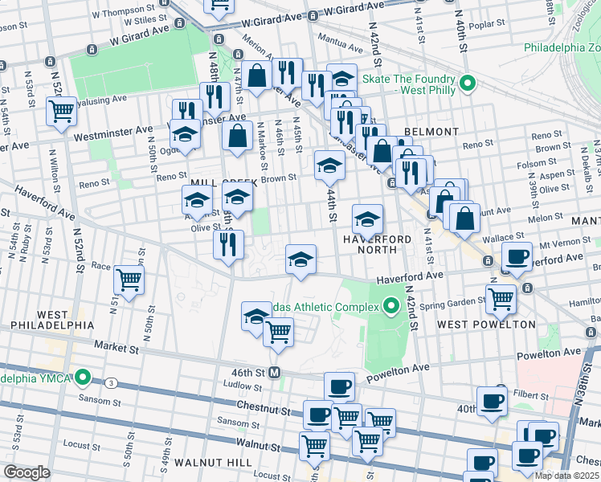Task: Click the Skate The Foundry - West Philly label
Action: coord(408,79)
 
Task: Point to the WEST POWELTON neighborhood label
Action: coord(486,325)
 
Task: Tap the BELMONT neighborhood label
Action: coord(431,131)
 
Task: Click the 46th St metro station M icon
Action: coord(274,373)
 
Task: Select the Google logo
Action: coord(27,472)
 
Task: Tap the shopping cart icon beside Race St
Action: coord(129,280)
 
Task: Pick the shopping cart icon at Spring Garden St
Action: coord(501,299)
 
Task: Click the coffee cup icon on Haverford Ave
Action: coord(517,257)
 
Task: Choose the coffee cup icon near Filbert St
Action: coord(492,401)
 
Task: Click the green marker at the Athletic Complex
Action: coord(391,304)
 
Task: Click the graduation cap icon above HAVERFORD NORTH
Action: coord(367,219)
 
